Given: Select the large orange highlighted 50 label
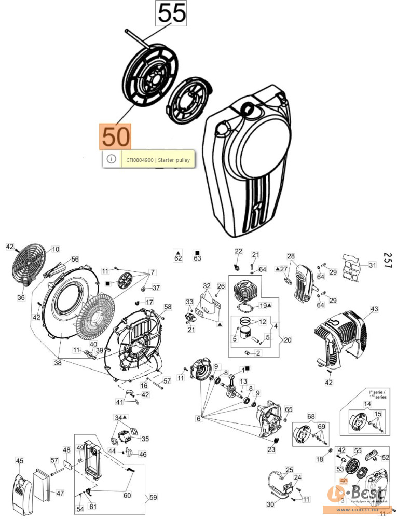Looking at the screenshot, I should tap(116, 137).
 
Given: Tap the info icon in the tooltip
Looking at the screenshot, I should tap(111, 159).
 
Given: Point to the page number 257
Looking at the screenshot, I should tap(387, 260).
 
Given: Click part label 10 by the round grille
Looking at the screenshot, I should tap(55, 250).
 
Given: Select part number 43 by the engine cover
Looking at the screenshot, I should tap(374, 309).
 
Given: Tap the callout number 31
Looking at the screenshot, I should tap(372, 265).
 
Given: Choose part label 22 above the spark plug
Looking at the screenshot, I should tap(238, 252).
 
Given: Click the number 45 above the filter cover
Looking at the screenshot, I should tap(19, 460).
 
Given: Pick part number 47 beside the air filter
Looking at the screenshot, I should tap(60, 493).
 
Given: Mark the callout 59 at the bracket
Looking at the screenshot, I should tap(153, 498).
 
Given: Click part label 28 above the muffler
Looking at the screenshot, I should tap(291, 256).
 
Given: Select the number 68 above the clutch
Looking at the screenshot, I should tap(311, 416).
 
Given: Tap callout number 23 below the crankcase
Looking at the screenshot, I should tap(271, 449).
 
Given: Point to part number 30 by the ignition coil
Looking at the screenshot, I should tap(270, 504).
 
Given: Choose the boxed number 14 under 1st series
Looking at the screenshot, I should tap(367, 404).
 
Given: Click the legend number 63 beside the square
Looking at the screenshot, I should tap(197, 258).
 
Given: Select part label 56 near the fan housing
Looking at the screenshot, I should tap(75, 259).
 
